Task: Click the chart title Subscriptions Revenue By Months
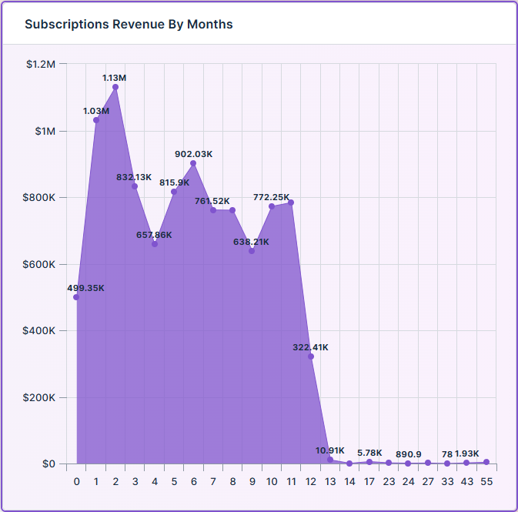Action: click(x=129, y=24)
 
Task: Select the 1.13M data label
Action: click(x=115, y=78)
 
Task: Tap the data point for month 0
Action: click(x=76, y=297)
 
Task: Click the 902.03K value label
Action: click(x=193, y=154)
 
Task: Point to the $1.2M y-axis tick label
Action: click(x=41, y=64)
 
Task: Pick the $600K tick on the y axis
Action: click(x=39, y=264)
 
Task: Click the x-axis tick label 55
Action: click(x=486, y=481)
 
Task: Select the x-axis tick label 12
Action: click(x=310, y=481)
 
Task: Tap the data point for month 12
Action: click(x=310, y=356)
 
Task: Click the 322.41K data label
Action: click(x=310, y=347)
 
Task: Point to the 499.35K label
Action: click(x=85, y=288)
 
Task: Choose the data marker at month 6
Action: click(x=193, y=163)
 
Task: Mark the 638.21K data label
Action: click(x=252, y=242)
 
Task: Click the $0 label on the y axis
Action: click(x=48, y=464)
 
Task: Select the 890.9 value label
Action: click(x=409, y=454)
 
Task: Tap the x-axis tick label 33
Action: click(x=447, y=481)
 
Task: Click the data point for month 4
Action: click(x=155, y=244)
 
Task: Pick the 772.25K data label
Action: click(x=271, y=197)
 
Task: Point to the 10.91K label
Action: click(x=329, y=450)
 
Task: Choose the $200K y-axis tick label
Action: click(x=39, y=398)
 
